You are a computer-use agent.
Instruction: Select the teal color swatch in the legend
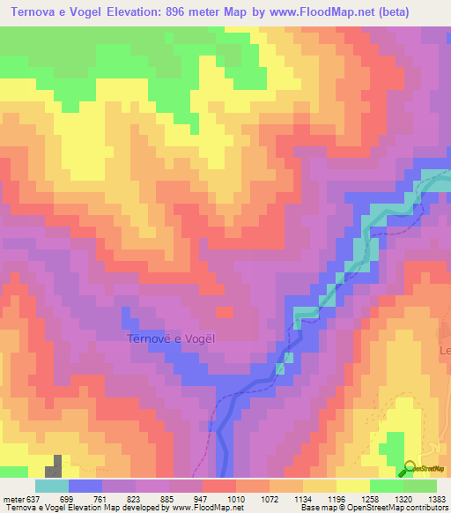point(52,486)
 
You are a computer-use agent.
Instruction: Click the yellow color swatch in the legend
point(352,486)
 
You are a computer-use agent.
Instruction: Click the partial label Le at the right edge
point(445,350)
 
